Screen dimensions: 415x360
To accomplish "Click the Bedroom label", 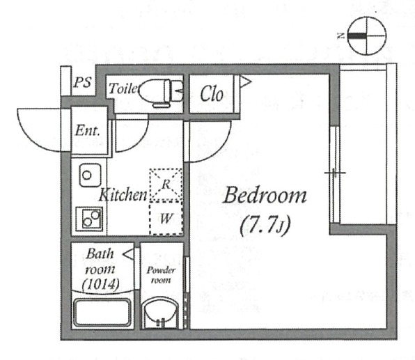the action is (x=265, y=196).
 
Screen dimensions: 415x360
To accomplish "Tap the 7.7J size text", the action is (x=265, y=226).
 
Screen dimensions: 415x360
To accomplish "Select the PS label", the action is (x=83, y=82).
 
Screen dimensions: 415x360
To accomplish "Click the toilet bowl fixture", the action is (x=161, y=92).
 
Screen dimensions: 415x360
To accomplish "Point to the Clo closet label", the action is (x=212, y=94).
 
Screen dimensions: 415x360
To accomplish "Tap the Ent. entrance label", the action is (x=87, y=130).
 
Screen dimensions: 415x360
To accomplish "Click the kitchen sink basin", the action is (x=90, y=175).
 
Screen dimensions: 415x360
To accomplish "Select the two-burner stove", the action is (x=89, y=219).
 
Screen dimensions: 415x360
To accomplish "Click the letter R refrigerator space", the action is (x=166, y=185).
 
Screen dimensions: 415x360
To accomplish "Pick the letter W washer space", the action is (x=166, y=219).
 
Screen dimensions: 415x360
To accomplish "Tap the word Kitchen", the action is (x=123, y=195).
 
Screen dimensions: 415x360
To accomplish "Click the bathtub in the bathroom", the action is (x=102, y=313).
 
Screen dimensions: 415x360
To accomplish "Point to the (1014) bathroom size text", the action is (x=100, y=284).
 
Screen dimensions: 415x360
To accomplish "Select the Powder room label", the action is (x=161, y=275).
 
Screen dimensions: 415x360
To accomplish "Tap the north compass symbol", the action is (x=366, y=36).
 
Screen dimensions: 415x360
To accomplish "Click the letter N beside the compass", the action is (x=340, y=36).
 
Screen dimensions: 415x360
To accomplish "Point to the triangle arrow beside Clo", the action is (x=245, y=81).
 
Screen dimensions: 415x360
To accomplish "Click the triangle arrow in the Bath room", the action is (x=128, y=255).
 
